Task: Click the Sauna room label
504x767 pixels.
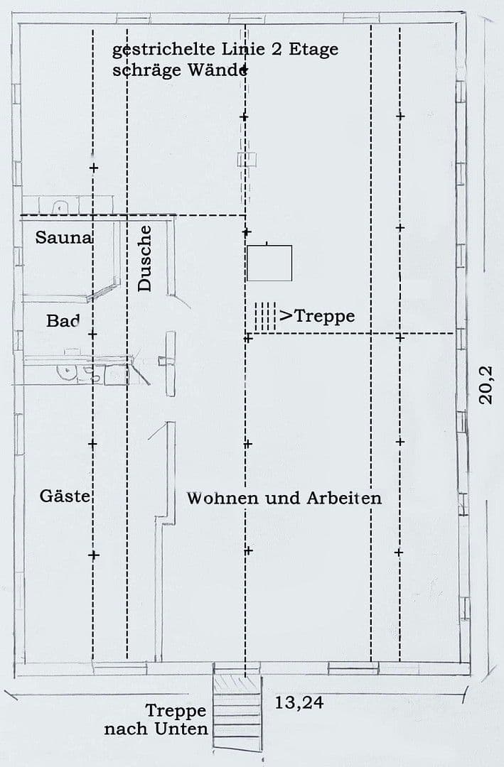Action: click(x=64, y=237)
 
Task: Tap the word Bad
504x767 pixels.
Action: click(x=63, y=321)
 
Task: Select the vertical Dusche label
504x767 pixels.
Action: click(x=145, y=258)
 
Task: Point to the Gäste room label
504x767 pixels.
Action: click(x=65, y=496)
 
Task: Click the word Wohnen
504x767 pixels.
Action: click(x=222, y=498)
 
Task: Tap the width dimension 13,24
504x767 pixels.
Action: click(x=299, y=702)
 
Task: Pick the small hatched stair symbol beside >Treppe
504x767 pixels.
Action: click(x=264, y=315)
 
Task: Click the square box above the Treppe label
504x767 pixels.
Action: click(x=269, y=263)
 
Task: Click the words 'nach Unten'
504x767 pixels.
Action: click(x=156, y=729)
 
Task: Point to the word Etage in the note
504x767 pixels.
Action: click(x=313, y=50)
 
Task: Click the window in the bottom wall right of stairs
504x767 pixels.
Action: click(x=353, y=668)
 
